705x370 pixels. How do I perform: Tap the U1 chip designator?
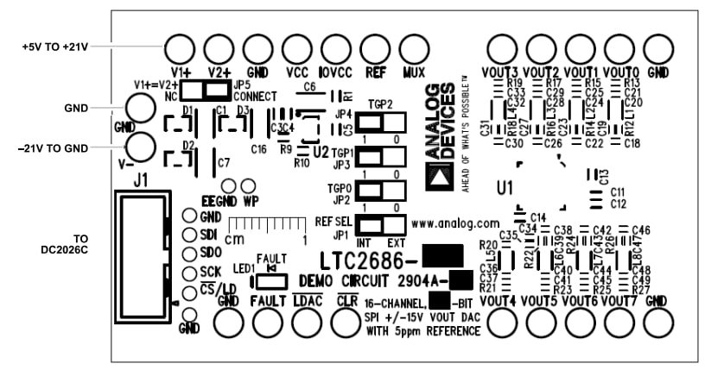pos(505,187)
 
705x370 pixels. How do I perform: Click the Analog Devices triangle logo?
pos(440,176)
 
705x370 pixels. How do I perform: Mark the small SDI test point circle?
pos(187,235)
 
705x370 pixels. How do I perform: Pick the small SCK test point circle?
pos(187,273)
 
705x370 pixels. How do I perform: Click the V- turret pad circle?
pos(140,147)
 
